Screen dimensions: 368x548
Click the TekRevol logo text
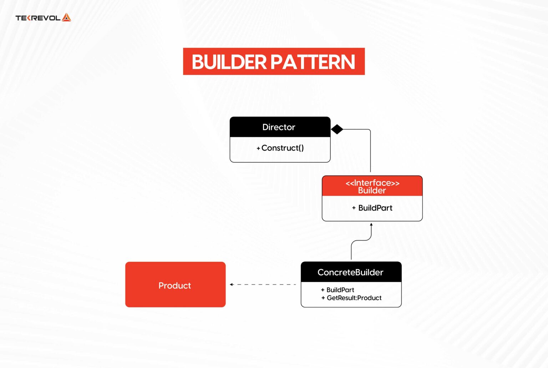pos(38,18)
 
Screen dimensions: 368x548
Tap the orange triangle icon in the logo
pos(66,17)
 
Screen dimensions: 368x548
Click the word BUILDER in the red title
pos(229,62)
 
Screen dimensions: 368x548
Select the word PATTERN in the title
pos(313,62)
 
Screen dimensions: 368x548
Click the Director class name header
pos(279,127)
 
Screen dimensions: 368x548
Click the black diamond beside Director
pos(337,129)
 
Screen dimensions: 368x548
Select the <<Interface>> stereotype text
pos(372,183)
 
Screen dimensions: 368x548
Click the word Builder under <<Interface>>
pos(372,191)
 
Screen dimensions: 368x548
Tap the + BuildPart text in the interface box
pos(372,208)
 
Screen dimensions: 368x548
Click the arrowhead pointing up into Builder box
pos(371,225)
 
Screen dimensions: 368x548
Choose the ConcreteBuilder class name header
pos(350,272)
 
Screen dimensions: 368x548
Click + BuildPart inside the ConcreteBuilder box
pos(338,290)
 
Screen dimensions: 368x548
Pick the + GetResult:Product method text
pos(351,298)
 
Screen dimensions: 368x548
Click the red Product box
pos(175,284)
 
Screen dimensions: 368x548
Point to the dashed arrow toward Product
pos(264,284)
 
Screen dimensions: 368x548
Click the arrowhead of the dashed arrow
pos(232,284)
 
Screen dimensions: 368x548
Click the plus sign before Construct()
pos(258,148)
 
